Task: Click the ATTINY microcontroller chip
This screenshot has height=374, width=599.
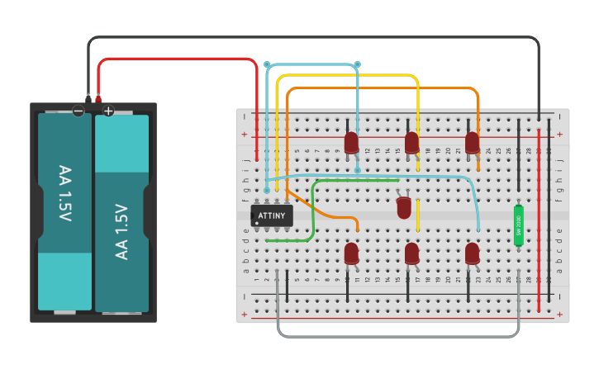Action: (x=271, y=215)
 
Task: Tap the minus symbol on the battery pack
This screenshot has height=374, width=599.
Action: (x=78, y=110)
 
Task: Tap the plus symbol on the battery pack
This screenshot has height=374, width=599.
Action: (x=108, y=110)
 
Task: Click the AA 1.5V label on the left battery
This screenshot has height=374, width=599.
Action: (x=64, y=193)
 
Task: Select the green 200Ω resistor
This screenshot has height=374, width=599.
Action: (x=519, y=225)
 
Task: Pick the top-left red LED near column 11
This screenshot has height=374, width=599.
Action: (x=352, y=142)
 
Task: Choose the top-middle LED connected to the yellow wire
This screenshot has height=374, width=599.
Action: (x=411, y=142)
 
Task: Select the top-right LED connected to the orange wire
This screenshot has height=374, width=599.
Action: (x=472, y=142)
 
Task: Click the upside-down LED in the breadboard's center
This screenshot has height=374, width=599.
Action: (x=404, y=207)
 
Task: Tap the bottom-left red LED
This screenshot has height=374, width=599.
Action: (x=352, y=253)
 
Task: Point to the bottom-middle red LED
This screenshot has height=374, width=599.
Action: (x=411, y=253)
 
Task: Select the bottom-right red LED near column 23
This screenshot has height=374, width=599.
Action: (x=472, y=253)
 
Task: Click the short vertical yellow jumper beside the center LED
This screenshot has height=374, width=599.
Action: (x=417, y=216)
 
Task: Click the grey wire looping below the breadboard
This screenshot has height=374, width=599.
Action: (x=397, y=336)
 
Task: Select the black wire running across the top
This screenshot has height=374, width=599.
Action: (x=314, y=37)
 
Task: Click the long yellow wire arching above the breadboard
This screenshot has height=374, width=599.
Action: (x=347, y=75)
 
